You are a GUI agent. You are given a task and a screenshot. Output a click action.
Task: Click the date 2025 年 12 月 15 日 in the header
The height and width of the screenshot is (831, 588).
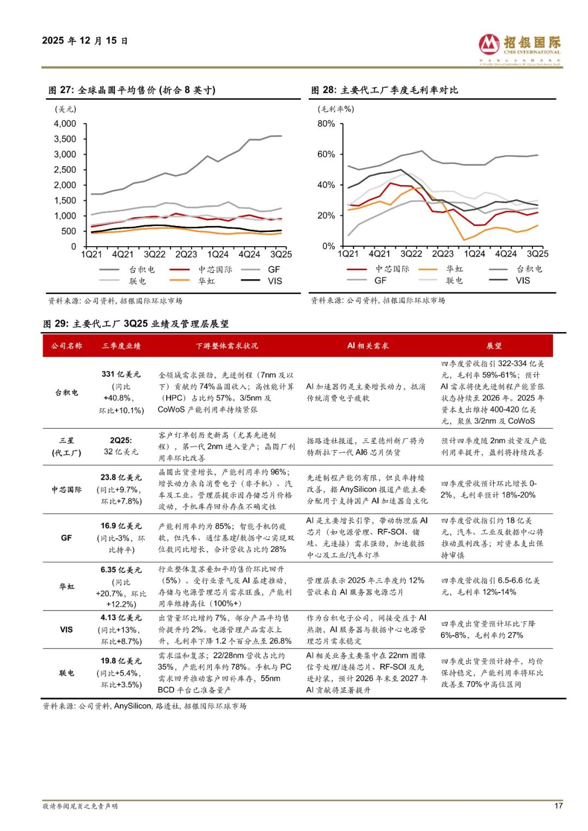[84, 41]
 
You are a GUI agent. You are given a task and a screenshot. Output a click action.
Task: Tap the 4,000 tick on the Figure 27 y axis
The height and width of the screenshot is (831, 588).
[65, 124]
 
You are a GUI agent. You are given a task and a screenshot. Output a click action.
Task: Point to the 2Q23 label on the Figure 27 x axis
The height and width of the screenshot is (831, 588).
[186, 254]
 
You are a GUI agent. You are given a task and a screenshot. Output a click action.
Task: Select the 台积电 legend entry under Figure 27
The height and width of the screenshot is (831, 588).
[142, 270]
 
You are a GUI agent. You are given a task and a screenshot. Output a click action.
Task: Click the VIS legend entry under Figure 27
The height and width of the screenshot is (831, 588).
[275, 281]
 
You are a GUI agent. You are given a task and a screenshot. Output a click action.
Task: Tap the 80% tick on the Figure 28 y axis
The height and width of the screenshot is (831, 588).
[326, 124]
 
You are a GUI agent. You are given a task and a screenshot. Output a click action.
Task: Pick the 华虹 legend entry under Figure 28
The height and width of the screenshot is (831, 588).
[455, 269]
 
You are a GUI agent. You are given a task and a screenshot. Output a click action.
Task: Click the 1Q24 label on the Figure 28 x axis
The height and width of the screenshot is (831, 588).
[474, 254]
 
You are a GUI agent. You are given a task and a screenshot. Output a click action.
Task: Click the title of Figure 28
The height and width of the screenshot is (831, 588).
[384, 90]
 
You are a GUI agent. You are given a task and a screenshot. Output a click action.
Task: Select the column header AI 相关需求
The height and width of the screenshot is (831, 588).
[367, 346]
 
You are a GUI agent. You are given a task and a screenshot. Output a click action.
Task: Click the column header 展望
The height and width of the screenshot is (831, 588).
[494, 346]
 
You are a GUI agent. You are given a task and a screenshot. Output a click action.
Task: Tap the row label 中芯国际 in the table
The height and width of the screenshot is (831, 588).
[66, 490]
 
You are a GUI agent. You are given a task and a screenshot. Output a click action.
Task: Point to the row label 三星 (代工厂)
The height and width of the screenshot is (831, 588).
[66, 447]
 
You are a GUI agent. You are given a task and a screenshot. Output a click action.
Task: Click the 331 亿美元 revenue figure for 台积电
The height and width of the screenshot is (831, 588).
[121, 374]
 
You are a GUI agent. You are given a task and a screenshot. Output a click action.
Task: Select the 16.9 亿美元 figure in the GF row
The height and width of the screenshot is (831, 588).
[121, 526]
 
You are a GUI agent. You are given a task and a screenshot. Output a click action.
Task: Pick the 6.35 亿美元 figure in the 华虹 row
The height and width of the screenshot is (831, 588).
[121, 570]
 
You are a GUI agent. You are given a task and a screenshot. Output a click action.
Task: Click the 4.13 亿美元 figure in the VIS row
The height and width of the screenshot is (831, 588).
[121, 618]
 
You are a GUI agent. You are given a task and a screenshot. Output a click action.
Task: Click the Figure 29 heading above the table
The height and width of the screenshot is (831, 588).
[136, 324]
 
